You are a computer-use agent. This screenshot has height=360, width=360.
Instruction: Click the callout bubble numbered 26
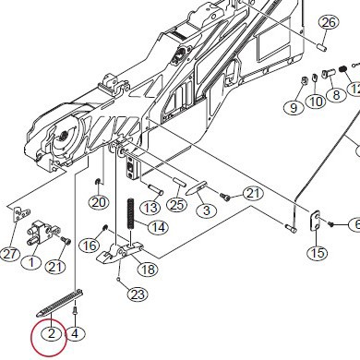point(329,22)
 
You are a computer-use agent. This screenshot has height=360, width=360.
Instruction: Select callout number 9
point(293,108)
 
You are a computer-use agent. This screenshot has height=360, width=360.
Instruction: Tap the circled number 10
point(316,102)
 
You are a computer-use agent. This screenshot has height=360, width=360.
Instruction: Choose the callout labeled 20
point(99,202)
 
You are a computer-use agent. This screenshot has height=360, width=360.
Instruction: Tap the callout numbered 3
point(206,211)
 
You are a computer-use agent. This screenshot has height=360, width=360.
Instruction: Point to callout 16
point(89,246)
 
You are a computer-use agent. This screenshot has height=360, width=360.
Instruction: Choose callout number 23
point(138,295)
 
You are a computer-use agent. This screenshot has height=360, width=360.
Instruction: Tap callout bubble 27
point(10,254)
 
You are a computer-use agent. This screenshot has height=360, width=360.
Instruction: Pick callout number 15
point(317,253)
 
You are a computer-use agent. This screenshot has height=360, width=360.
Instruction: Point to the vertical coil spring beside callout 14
point(132,221)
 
